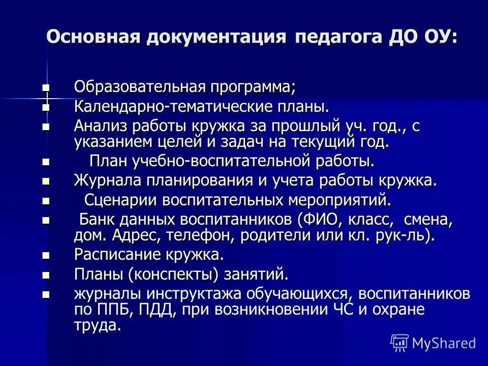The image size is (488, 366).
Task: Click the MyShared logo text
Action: coord(443,343)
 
